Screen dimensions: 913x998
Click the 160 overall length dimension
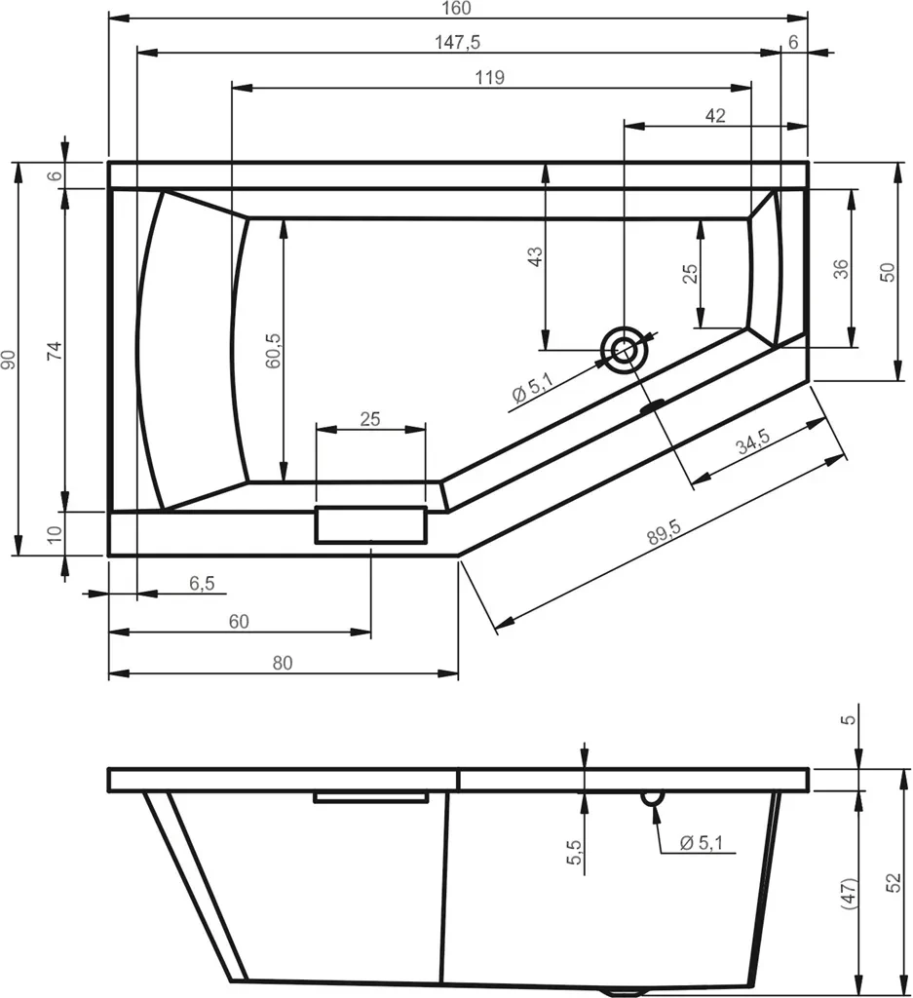tap(457, 8)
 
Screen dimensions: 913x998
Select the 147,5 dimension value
tap(457, 43)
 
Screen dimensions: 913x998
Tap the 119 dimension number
tap(490, 78)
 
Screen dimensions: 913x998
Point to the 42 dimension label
tap(715, 116)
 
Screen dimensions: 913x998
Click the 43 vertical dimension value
tap(536, 256)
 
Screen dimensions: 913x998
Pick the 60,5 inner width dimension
tap(273, 350)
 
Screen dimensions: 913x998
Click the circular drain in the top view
tap(624, 350)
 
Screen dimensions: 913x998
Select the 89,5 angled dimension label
tap(665, 532)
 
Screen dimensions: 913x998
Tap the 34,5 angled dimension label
tap(753, 441)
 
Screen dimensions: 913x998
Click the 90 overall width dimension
tap(8, 360)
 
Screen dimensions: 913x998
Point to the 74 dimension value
tap(56, 351)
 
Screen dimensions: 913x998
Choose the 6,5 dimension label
tap(202, 583)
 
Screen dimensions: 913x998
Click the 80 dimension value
tap(283, 663)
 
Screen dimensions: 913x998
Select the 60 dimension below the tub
tap(239, 622)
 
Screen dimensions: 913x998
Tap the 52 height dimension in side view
tap(894, 882)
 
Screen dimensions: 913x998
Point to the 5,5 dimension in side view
tap(575, 852)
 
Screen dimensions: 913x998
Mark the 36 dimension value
tap(841, 269)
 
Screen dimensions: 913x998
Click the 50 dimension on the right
tap(887, 273)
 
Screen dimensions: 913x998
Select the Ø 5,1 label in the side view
tap(702, 843)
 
